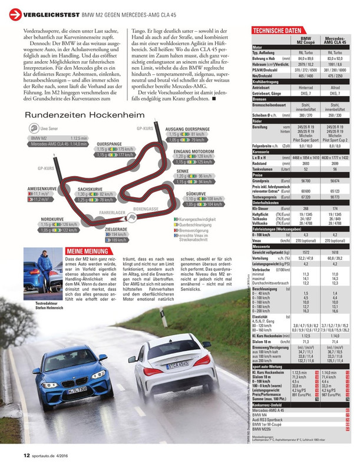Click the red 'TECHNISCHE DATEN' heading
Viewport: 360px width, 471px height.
pyautogui.click(x=276, y=30)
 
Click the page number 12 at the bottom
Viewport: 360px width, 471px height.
pyautogui.click(x=27, y=455)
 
